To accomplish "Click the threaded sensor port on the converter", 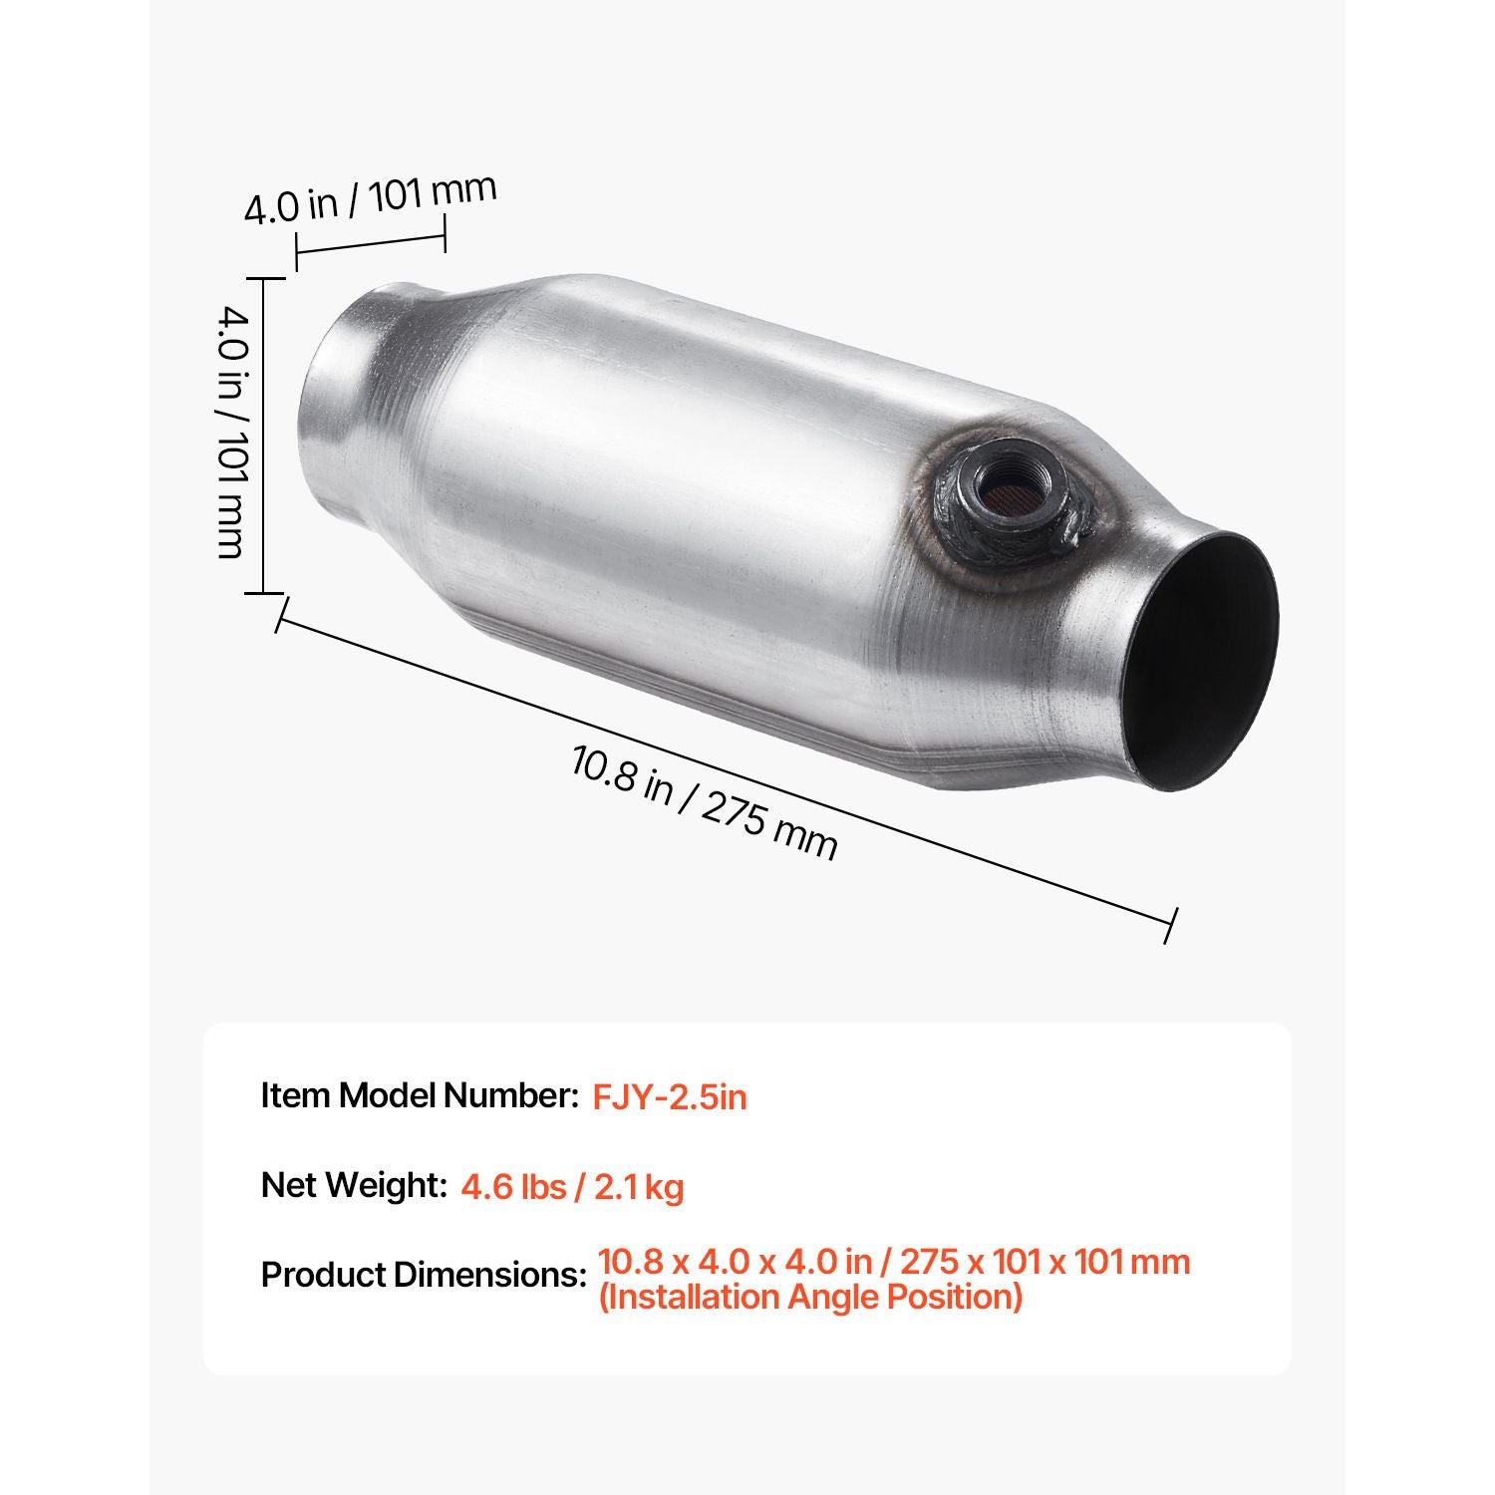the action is tap(1005, 490).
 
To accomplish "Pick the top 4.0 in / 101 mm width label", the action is tap(370, 199).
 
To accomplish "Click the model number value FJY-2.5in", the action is tap(670, 1097).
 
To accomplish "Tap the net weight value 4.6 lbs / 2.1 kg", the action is tap(572, 1187).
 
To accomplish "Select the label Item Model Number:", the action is tap(420, 1095).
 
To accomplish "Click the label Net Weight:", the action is tap(354, 1185).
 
